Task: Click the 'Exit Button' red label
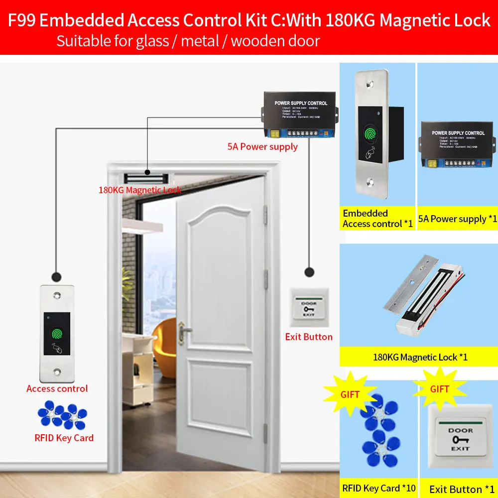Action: tap(309, 337)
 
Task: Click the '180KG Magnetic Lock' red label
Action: tap(139, 190)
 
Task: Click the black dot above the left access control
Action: tap(56, 275)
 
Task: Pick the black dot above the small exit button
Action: tap(309, 272)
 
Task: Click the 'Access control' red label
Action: tap(57, 389)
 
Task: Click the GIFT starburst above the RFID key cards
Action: tap(349, 394)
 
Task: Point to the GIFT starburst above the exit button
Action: tap(440, 389)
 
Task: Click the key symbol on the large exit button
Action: tap(461, 440)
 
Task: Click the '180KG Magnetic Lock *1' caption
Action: tap(420, 357)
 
